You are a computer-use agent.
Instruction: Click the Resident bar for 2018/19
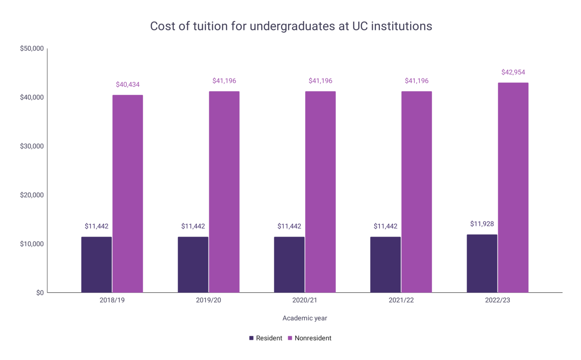[96, 265]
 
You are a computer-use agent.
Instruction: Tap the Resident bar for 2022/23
[482, 263]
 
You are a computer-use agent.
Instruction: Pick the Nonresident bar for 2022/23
[513, 188]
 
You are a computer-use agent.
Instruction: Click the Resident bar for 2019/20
[193, 265]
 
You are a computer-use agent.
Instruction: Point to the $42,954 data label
[513, 72]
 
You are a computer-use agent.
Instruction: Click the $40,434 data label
[127, 84]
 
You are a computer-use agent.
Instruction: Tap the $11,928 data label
[482, 224]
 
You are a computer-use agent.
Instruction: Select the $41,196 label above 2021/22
[416, 81]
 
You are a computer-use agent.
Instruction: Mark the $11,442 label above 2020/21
[289, 226]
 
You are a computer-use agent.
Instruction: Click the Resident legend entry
[266, 338]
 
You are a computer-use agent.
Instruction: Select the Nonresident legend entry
[310, 338]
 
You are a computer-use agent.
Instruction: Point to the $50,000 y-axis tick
[32, 48]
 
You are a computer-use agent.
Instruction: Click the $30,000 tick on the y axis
[32, 146]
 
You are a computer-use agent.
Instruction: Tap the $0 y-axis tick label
[40, 293]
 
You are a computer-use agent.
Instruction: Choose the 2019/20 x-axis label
[208, 300]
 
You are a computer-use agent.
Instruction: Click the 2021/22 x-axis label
[401, 300]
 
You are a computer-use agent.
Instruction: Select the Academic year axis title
[304, 318]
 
